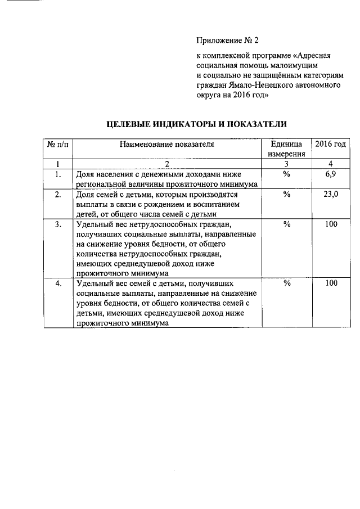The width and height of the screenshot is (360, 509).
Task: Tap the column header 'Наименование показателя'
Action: click(167, 145)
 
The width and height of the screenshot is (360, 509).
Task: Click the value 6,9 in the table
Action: click(331, 174)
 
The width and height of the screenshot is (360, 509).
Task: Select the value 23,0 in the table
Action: click(331, 195)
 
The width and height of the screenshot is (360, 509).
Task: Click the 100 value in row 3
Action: click(331, 225)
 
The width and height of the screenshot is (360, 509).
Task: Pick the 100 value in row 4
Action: click(331, 283)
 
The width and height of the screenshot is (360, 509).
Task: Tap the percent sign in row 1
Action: click(286, 174)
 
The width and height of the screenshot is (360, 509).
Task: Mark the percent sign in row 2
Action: click(286, 195)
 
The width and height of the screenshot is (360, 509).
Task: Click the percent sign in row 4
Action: click(286, 283)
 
